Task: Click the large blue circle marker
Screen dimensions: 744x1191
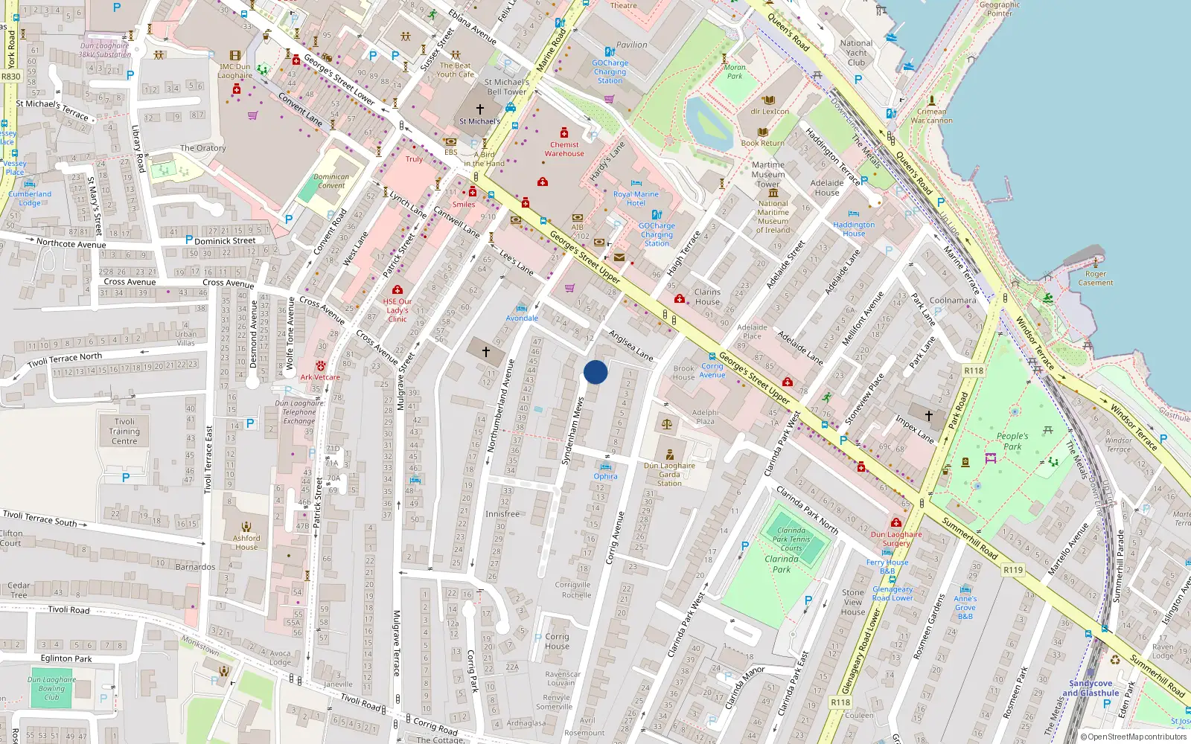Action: (595, 372)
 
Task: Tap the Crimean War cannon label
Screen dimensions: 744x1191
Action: (931, 116)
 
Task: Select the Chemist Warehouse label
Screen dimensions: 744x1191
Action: (564, 150)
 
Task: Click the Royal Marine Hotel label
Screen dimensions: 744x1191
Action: (636, 199)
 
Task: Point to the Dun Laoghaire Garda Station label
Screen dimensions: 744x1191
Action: (669, 474)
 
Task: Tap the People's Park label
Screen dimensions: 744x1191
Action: (1012, 441)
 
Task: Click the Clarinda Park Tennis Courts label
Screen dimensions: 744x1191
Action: (791, 539)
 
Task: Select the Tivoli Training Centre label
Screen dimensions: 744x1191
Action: (124, 431)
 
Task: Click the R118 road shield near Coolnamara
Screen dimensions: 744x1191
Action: (974, 371)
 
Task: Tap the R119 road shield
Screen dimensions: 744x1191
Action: (1012, 570)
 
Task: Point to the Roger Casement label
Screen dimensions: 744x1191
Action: (1096, 278)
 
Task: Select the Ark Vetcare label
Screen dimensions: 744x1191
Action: (320, 377)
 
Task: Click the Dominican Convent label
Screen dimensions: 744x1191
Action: (331, 182)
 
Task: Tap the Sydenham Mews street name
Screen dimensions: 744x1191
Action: (572, 432)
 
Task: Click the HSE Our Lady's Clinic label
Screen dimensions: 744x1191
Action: (397, 310)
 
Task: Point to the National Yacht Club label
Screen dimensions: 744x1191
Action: (856, 53)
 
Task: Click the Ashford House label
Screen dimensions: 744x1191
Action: (246, 542)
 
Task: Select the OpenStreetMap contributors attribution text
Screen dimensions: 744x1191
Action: (1133, 737)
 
